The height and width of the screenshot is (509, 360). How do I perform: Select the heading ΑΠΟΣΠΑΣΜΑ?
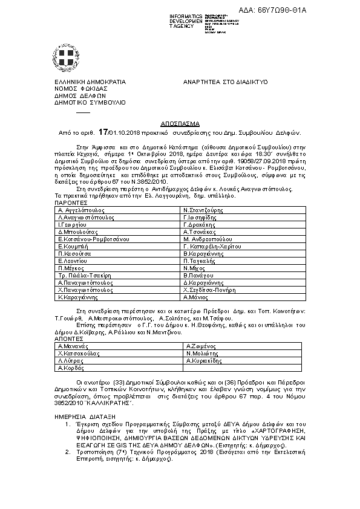(180, 122)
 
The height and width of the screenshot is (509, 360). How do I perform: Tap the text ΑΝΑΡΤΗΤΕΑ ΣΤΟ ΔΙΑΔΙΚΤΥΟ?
(225, 81)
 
